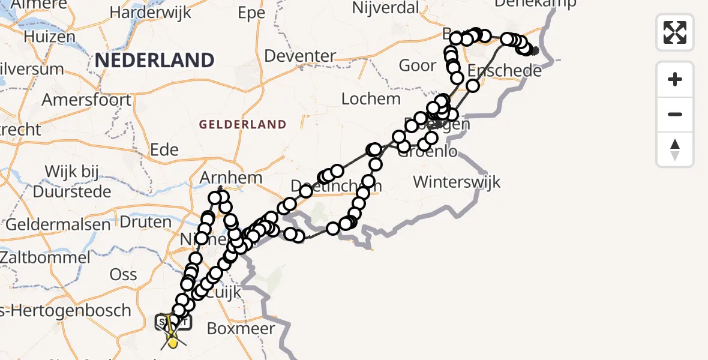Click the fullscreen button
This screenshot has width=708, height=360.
675,32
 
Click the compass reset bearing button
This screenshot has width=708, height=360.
675,149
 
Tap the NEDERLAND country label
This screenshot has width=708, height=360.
154,60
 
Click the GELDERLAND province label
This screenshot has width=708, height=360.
242,124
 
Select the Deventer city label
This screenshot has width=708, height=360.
299,56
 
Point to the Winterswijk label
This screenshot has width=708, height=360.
457,181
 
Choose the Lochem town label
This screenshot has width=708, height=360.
371,98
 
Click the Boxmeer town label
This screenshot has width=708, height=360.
241,328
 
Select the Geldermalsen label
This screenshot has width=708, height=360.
58,224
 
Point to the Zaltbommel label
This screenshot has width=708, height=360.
45,258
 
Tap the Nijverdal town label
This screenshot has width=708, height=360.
386,8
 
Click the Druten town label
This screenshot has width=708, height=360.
146,221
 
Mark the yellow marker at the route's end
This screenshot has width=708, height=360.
173,343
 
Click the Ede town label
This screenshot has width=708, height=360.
165,149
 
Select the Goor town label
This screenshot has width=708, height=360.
418,65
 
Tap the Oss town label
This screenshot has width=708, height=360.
123,275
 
